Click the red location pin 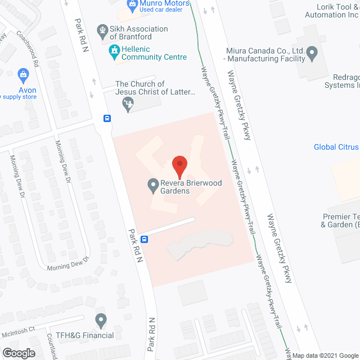(x=179, y=164)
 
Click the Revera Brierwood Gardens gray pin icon (x=152, y=184)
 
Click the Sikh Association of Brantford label (x=138, y=33)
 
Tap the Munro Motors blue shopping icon (x=133, y=6)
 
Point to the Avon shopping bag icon (x=23, y=74)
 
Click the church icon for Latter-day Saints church (x=129, y=103)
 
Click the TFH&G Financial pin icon (x=101, y=321)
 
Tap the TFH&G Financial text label (x=81, y=335)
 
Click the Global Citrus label (x=336, y=147)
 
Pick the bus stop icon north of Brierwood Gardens (x=107, y=118)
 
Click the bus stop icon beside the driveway (x=145, y=238)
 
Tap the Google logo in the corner (x=18, y=353)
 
